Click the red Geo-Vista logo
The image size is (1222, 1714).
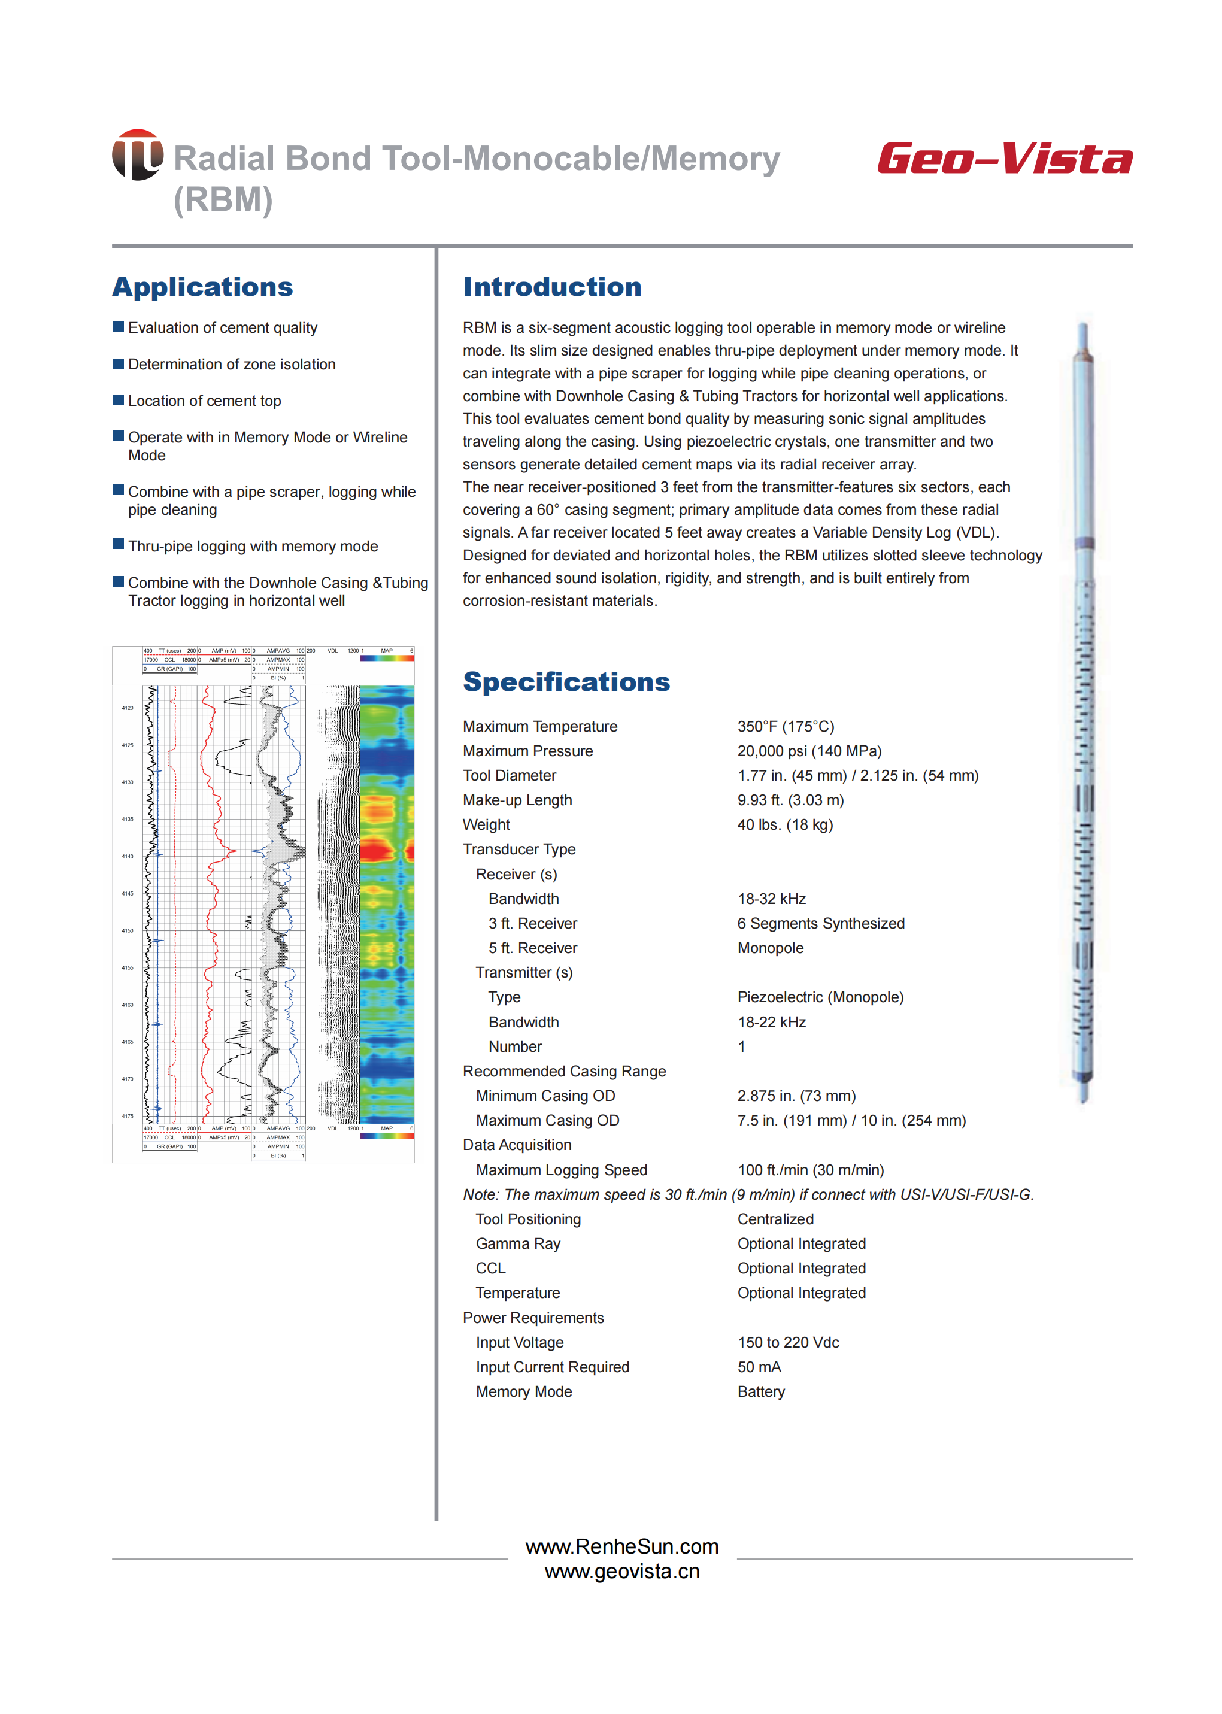(1004, 159)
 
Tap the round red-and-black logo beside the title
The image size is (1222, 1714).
(138, 155)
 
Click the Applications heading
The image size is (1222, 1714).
(202, 287)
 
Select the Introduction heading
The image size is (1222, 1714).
(551, 287)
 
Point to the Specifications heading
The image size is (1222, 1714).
(566, 682)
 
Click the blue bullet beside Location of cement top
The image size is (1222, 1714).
(118, 399)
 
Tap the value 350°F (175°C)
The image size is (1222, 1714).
(785, 726)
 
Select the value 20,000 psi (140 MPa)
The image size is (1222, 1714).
(809, 751)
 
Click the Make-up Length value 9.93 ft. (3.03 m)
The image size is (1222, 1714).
(790, 800)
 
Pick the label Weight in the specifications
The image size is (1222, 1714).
(486, 824)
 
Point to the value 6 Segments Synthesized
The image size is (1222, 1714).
(820, 923)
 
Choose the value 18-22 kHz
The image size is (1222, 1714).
(771, 1022)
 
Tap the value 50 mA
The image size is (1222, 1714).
(759, 1367)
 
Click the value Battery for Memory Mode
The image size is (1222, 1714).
(761, 1392)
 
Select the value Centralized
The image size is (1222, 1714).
(775, 1219)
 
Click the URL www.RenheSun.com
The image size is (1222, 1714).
(621, 1546)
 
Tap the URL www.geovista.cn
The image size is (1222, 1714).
(621, 1571)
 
